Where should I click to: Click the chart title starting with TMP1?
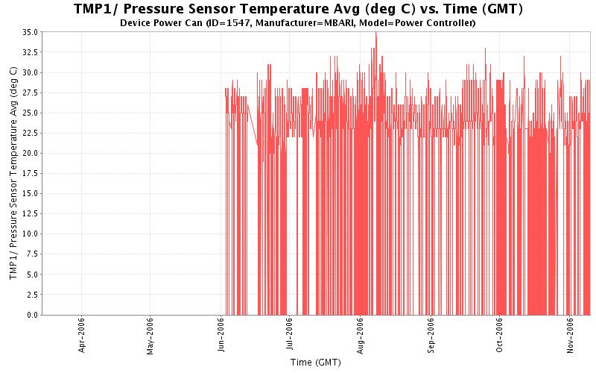click(298, 9)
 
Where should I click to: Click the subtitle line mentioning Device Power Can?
click(298, 23)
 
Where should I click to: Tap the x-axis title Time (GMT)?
click(316, 363)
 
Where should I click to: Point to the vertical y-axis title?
click(13, 173)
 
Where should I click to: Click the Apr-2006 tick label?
click(82, 337)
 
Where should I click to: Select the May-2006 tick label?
click(150, 337)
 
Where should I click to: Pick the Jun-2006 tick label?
click(221, 337)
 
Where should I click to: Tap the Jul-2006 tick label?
click(290, 337)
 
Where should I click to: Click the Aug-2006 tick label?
click(361, 337)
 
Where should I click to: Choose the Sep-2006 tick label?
click(431, 337)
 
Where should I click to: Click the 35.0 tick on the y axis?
click(31, 33)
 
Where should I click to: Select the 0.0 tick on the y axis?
click(33, 315)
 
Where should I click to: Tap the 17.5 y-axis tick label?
click(31, 174)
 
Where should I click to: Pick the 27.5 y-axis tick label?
click(31, 93)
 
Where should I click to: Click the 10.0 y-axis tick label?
click(31, 234)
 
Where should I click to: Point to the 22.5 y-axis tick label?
click(31, 134)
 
